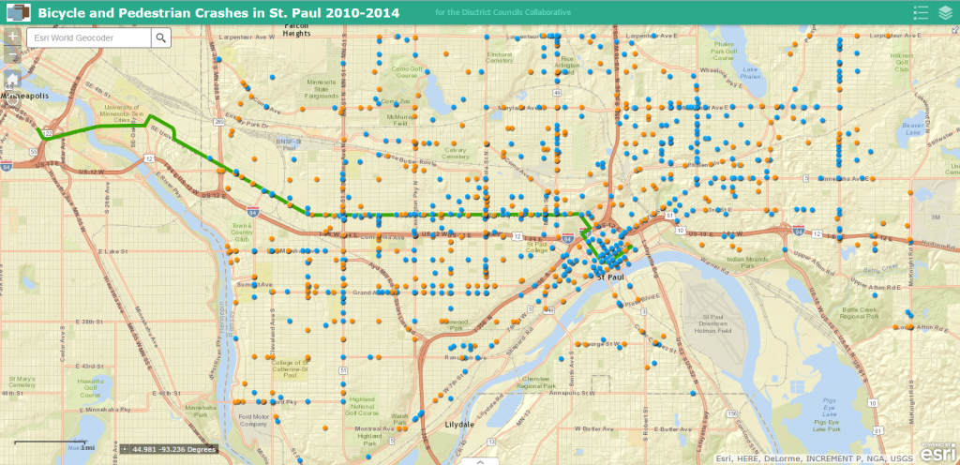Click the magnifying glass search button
(x=161, y=37)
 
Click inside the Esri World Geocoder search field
(x=89, y=37)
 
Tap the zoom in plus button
(x=12, y=36)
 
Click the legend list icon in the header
(x=921, y=12)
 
